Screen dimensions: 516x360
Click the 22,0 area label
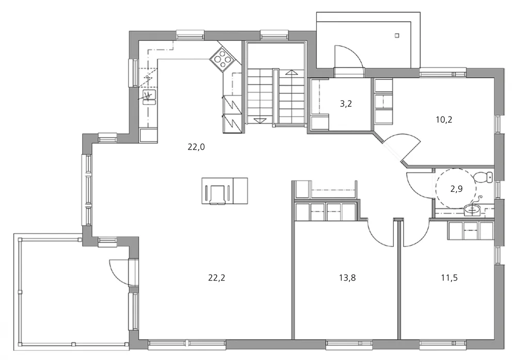click(196, 147)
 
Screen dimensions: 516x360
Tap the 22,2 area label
click(217, 278)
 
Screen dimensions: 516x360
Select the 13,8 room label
click(347, 278)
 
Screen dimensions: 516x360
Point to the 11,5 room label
click(449, 278)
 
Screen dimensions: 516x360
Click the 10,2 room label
click(444, 120)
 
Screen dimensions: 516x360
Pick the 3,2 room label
click(346, 104)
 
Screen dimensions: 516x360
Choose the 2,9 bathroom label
click(457, 189)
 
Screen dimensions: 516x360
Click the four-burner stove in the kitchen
click(222, 59)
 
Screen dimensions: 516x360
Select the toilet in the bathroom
click(484, 177)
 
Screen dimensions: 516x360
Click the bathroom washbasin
click(473, 209)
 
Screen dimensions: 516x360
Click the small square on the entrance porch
click(397, 36)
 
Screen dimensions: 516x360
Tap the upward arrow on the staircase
click(291, 73)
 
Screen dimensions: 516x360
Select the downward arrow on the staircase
click(260, 120)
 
